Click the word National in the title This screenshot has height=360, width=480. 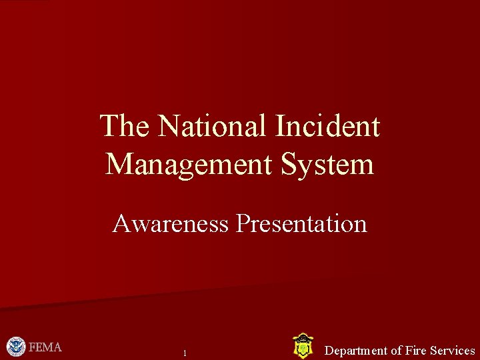click(x=213, y=126)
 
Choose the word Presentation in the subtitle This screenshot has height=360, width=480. click(x=301, y=224)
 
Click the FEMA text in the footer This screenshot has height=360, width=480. click(x=45, y=347)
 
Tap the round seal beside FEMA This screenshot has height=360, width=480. click(x=16, y=347)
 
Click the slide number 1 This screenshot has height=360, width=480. click(x=185, y=353)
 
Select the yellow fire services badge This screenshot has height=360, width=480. click(x=303, y=347)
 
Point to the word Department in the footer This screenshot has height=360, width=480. click(x=356, y=351)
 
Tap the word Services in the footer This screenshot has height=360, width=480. click(x=453, y=351)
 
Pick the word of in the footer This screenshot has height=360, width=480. click(x=396, y=351)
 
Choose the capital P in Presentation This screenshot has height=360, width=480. click(x=243, y=224)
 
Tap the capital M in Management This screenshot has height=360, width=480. click(x=119, y=163)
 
